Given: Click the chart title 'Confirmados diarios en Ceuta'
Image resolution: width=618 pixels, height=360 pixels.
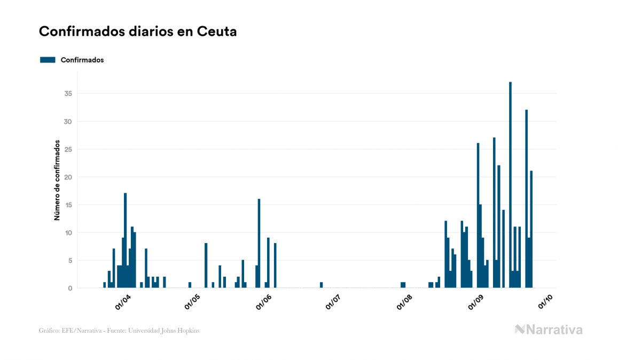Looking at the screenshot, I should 138,32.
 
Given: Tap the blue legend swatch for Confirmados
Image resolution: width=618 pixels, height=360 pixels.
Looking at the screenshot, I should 48,60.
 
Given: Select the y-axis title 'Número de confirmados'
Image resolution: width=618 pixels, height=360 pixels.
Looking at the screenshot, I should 56,180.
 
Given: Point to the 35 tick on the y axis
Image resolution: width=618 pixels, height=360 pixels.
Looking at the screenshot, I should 68,93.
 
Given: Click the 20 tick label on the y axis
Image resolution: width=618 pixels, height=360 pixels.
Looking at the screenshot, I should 68,177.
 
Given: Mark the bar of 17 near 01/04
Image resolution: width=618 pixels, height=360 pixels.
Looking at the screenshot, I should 126,240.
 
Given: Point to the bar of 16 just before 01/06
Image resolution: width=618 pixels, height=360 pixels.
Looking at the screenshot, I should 259,243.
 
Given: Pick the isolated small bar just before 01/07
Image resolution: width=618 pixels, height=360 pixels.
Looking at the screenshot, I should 321,285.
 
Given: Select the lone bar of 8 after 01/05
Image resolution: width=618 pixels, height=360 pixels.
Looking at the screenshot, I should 206,265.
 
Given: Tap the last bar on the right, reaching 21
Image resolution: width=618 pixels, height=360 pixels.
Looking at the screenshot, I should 531,229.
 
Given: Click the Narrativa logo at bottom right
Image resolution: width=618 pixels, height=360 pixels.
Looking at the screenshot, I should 549,330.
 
